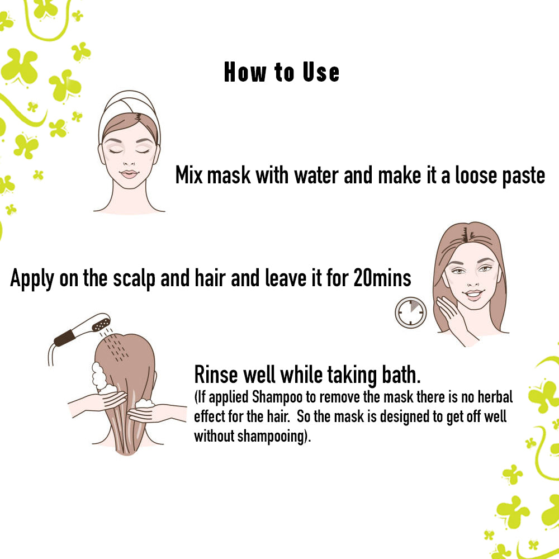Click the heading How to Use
[281, 73]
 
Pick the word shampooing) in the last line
[274, 436]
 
